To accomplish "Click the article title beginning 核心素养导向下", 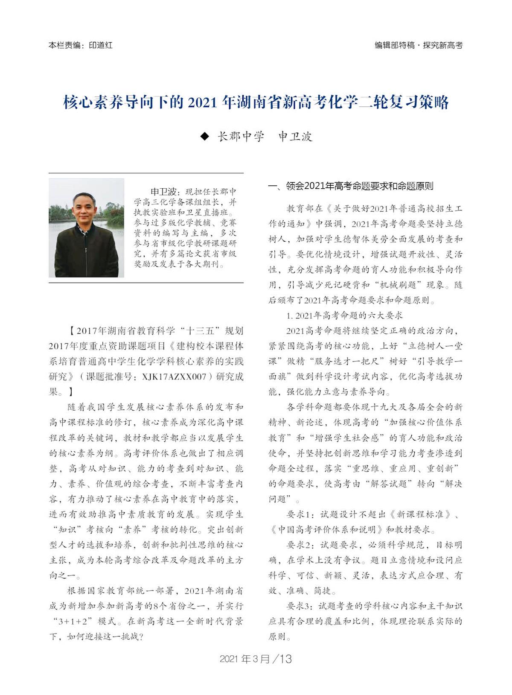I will [x=256, y=103].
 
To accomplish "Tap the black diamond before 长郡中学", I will [x=205, y=137].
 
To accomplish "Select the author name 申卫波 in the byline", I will [x=295, y=137].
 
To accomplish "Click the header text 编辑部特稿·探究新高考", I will [x=419, y=45].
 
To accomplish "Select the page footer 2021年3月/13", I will [x=256, y=659].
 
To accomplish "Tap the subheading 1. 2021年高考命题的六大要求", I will [x=345, y=315].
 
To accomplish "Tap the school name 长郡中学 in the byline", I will [x=241, y=137].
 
